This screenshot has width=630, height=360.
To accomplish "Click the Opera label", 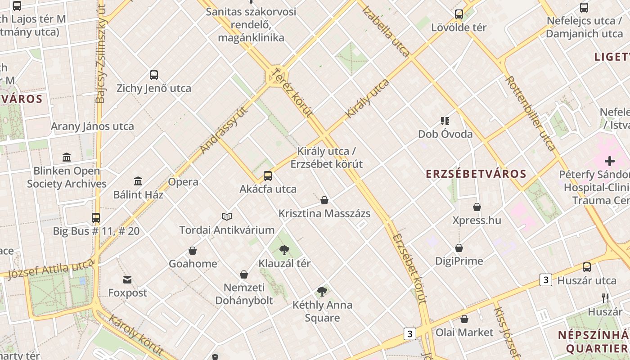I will [183, 182].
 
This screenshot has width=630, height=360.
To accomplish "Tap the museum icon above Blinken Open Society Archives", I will [67, 157].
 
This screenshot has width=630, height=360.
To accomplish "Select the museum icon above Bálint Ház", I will [138, 181].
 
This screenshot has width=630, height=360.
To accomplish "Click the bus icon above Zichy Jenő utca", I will [154, 75].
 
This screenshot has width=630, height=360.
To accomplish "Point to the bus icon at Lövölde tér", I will [459, 14].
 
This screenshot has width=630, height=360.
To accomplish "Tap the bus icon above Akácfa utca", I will [268, 175].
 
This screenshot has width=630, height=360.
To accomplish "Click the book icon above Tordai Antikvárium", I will [227, 216].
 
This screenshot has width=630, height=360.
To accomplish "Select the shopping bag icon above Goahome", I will [193, 250].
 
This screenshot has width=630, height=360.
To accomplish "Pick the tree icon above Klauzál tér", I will [284, 250].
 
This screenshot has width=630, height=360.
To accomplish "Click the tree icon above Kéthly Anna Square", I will [322, 291].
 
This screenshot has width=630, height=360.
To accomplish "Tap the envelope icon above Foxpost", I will [127, 279].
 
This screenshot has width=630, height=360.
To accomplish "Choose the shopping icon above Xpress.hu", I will [477, 207].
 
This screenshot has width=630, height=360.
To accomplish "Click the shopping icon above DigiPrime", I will [459, 247].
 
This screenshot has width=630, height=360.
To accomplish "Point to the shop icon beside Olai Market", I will [464, 319].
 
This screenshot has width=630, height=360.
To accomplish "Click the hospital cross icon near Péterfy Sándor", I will [610, 161].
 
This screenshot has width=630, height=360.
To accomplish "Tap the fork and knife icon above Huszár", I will [605, 298].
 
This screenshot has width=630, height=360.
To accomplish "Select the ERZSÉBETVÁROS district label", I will [476, 174].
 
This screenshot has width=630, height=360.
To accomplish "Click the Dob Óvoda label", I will [445, 134].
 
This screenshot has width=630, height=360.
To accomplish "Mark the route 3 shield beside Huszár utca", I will [546, 280].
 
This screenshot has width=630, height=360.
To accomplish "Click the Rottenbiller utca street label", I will [531, 113].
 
